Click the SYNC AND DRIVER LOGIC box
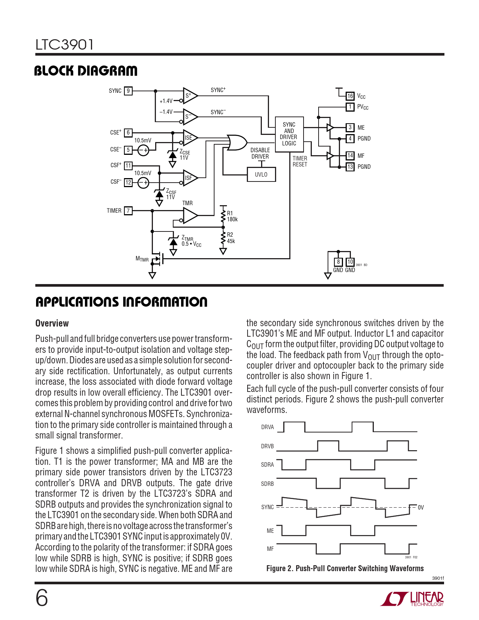coord(289,134)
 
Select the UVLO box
coord(261,175)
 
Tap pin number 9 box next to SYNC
coord(128,91)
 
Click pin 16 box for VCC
coord(350,96)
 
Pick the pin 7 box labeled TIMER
coord(128,211)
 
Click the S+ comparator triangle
coord(190,96)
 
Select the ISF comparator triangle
coord(190,178)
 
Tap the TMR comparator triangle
coord(190,216)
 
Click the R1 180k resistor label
coord(232,216)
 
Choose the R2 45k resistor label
coord(231,238)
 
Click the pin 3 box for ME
coord(350,128)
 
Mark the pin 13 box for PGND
coord(350,167)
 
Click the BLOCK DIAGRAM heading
coord(86,71)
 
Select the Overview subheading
coord(52,324)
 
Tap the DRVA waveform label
coord(267,427)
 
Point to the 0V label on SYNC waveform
coord(421,508)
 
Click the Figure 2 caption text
coord(345,569)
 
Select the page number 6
coord(42,598)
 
